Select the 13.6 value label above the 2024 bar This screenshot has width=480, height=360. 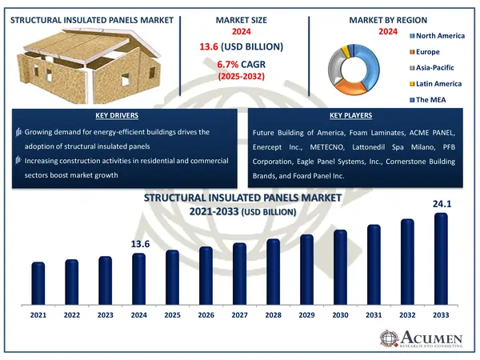click(x=139, y=244)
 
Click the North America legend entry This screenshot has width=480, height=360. click(x=438, y=35)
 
